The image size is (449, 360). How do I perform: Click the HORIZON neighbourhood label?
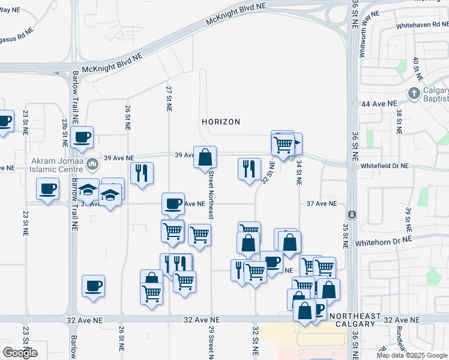(221, 122)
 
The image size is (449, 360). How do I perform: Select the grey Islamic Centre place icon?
(92, 163)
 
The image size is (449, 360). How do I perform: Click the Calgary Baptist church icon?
(413, 94)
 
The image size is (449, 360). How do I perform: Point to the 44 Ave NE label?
(379, 104)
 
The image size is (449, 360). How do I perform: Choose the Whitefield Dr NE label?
(384, 166)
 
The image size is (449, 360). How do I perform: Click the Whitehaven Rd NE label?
(422, 26)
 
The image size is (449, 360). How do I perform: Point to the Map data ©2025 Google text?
(412, 355)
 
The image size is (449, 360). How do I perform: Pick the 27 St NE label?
(169, 98)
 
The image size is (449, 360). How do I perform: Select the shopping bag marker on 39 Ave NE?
(205, 158)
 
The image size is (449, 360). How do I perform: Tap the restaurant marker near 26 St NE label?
(142, 173)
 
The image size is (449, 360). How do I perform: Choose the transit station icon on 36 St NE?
(352, 214)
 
